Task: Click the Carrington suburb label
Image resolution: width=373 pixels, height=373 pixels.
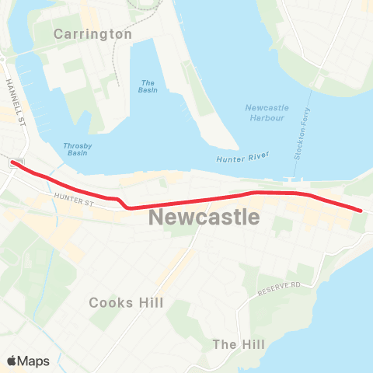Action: click(93, 34)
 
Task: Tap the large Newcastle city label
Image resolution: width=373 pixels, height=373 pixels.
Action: click(204, 217)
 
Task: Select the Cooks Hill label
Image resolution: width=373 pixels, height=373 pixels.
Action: click(127, 302)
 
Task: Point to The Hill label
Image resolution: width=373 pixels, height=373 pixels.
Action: click(239, 344)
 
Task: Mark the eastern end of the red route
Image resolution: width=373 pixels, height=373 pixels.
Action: click(360, 209)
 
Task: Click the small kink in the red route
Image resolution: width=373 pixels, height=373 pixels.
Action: click(122, 204)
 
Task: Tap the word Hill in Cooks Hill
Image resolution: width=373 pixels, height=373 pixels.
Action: click(149, 302)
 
